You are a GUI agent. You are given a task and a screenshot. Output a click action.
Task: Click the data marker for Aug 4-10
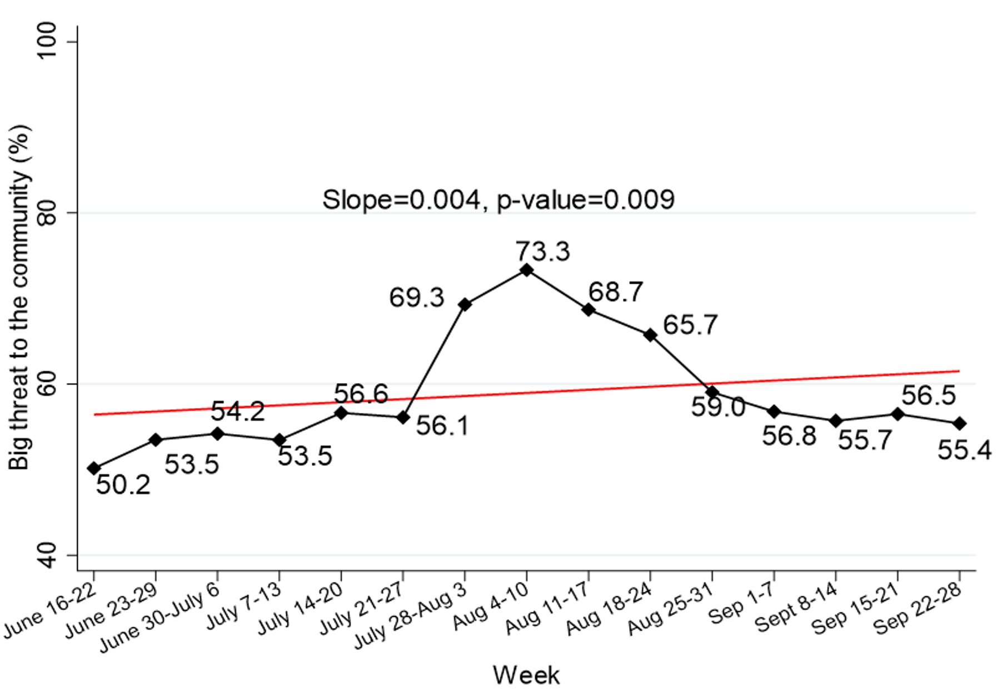[x=527, y=270]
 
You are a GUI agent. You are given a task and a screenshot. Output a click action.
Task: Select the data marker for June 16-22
[x=94, y=468]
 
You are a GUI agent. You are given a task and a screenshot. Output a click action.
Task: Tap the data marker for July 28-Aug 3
[x=465, y=304]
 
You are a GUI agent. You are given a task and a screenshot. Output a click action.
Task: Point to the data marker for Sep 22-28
[x=959, y=424]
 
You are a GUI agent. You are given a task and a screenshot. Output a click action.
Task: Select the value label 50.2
[x=123, y=485]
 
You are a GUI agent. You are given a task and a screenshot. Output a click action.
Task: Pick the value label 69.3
[x=417, y=298]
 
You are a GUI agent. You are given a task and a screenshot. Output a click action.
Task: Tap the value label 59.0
[x=718, y=408]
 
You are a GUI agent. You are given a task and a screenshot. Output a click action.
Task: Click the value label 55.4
[x=964, y=450]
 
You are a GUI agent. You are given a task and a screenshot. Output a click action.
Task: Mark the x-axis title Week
[x=526, y=675]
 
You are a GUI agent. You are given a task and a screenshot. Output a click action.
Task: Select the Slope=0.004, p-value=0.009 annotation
[x=498, y=200]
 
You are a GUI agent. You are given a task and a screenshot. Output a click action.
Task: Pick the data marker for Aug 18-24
[x=650, y=335]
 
